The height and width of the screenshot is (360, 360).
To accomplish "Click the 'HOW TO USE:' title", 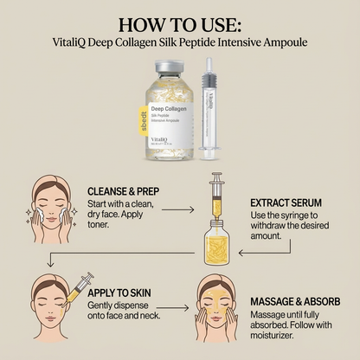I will pos(179,23).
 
